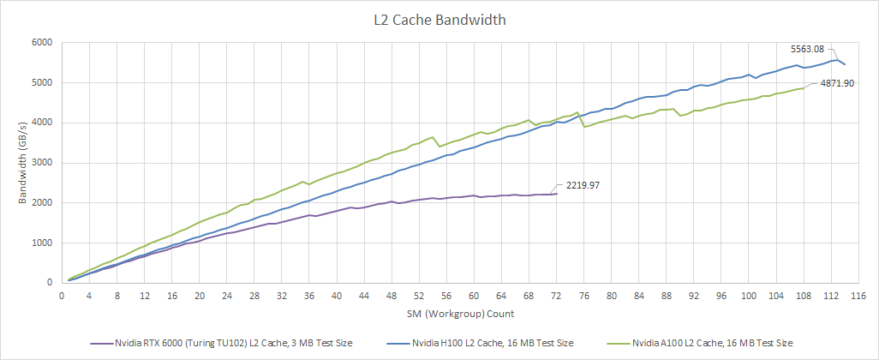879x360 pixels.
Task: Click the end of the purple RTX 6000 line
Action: point(557,194)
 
